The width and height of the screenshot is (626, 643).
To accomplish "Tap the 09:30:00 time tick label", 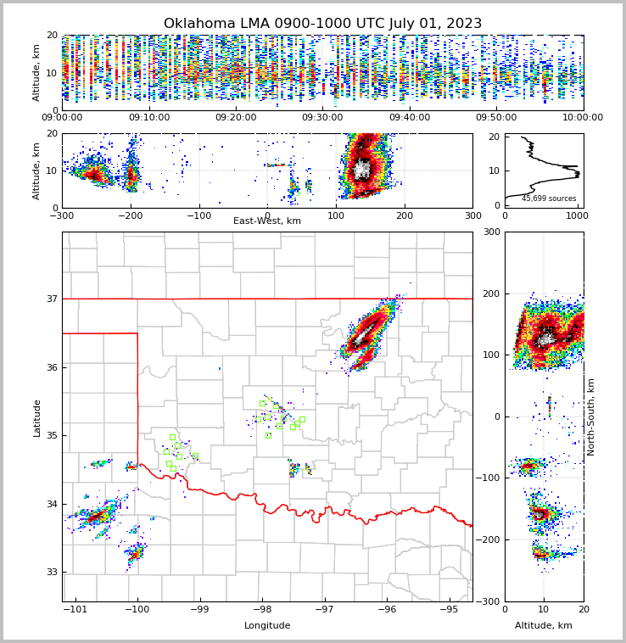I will click(322, 118).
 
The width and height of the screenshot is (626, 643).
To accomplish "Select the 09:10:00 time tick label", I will click(148, 118).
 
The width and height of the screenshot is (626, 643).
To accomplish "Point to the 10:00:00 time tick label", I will click(583, 118).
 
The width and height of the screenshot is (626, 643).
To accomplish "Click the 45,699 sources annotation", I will click(549, 199).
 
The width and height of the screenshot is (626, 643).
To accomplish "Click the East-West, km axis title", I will click(267, 221).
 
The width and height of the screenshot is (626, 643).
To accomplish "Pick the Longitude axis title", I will click(267, 626).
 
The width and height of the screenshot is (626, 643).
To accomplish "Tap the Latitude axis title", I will click(36, 417).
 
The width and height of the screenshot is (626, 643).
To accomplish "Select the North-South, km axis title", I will click(591, 417).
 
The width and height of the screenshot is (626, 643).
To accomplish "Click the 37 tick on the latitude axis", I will click(51, 299).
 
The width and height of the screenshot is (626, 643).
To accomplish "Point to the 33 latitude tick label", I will click(51, 572).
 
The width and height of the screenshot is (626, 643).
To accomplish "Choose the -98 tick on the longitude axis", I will click(261, 609).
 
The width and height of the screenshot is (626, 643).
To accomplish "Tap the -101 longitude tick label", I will click(75, 609).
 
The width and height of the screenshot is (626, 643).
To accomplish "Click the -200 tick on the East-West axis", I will click(130, 215).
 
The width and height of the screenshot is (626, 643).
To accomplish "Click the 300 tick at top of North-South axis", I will click(489, 232).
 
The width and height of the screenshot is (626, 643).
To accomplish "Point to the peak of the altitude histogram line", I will click(578, 174).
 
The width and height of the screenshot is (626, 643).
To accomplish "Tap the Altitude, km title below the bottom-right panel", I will click(544, 626).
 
